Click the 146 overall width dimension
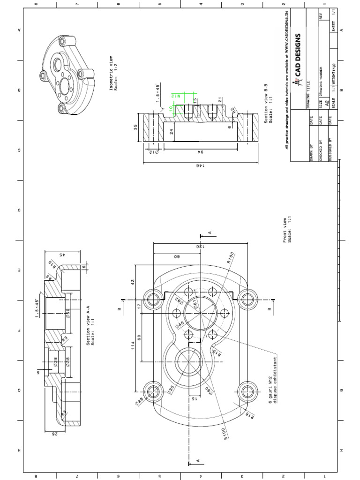[197, 165]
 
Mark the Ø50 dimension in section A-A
[67, 314]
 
